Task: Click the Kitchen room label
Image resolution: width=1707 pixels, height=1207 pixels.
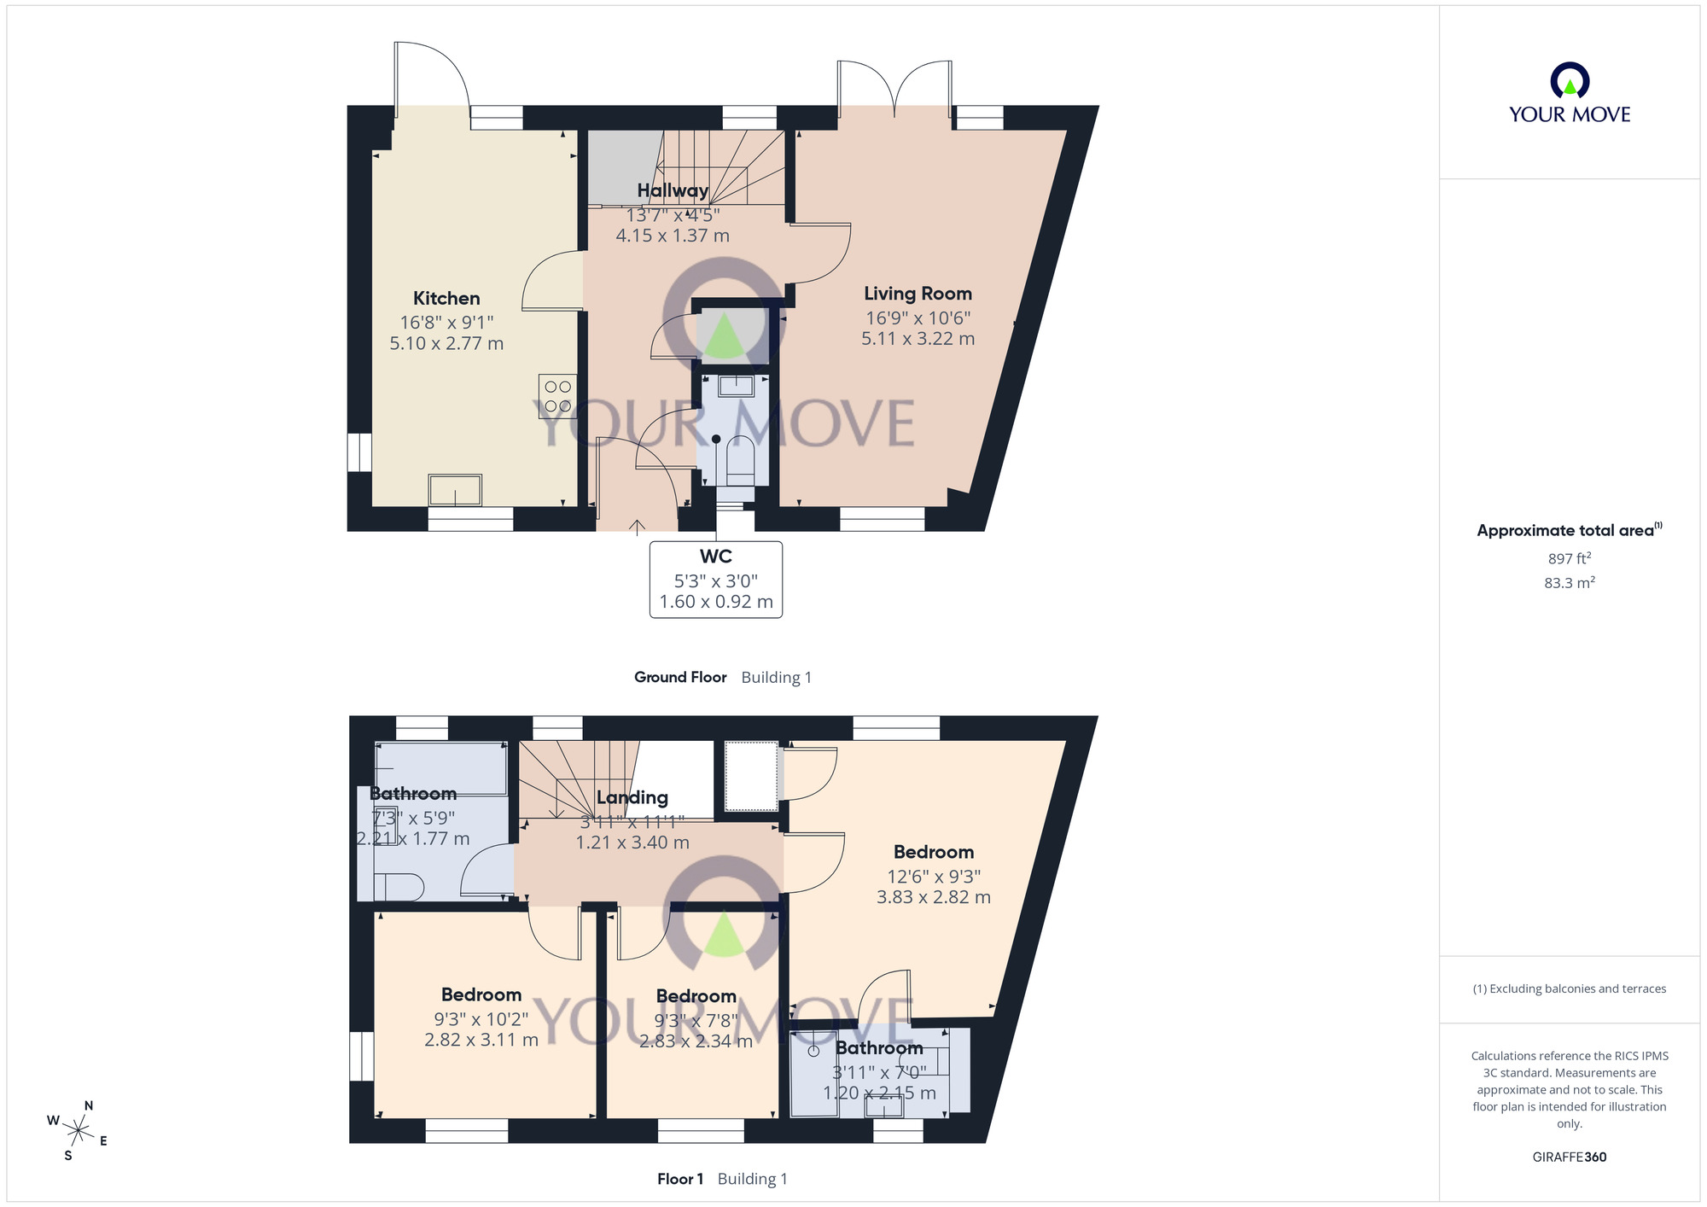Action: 446,299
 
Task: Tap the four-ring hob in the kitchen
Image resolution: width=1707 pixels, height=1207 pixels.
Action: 557,396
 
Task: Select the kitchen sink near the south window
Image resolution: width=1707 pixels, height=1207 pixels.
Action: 455,491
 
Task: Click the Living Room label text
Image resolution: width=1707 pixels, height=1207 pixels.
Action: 918,294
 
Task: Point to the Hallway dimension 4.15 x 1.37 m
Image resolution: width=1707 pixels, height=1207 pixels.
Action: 673,236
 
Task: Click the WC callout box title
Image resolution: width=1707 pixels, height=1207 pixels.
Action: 715,557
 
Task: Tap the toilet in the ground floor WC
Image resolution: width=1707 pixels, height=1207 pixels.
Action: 739,461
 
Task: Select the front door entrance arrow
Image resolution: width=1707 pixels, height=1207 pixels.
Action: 637,527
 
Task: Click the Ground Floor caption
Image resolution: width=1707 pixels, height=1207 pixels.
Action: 680,677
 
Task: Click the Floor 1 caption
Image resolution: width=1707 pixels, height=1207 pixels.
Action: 680,1179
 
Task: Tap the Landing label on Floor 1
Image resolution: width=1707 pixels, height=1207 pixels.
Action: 632,797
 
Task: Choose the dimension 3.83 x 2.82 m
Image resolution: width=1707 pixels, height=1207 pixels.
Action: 933,897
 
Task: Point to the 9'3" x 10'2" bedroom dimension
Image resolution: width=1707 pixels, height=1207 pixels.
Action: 481,1019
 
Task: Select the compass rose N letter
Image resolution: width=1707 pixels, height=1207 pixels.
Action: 89,1105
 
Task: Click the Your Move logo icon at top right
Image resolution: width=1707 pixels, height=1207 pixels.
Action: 1570,81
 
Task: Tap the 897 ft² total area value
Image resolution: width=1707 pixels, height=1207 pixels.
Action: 1569,559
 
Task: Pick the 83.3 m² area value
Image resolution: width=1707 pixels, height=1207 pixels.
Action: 1569,583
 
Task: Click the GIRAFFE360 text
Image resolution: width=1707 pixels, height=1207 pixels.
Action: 1569,1157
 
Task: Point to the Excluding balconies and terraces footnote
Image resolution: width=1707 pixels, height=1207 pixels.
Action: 1569,988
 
